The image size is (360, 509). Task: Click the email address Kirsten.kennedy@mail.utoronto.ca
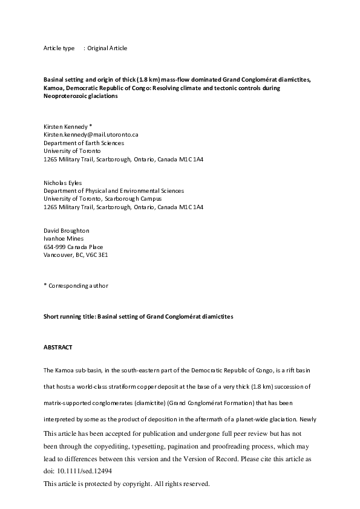[90, 134]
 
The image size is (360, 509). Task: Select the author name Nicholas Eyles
[62, 183]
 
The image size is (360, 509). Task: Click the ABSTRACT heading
[58, 348]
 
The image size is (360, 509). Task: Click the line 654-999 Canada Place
[73, 247]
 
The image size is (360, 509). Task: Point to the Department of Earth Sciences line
[83, 143]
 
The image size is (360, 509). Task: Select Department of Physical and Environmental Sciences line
[114, 190]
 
